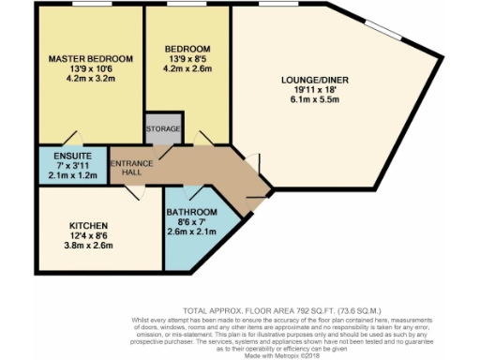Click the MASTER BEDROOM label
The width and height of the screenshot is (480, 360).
(91, 58)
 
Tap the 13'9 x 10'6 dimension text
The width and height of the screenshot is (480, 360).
(91, 68)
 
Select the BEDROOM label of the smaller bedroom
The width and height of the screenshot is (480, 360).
(187, 49)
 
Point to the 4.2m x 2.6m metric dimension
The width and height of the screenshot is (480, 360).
(187, 68)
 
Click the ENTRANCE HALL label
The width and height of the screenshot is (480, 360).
(132, 169)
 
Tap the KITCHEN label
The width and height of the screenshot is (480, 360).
(90, 226)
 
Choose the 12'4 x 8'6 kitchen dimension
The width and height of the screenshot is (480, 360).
(90, 236)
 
